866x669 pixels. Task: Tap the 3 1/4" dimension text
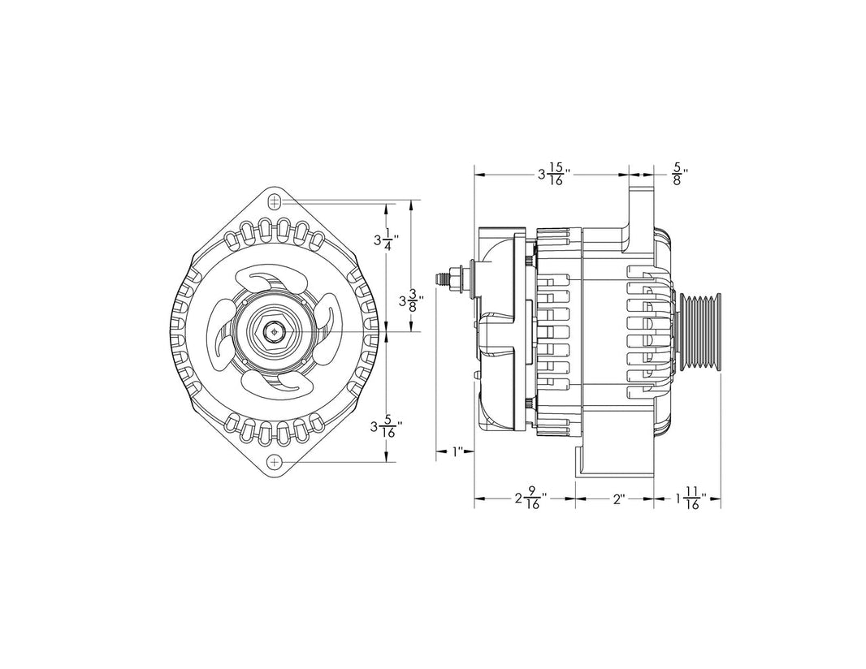click(x=382, y=240)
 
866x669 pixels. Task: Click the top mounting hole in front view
click(x=275, y=201)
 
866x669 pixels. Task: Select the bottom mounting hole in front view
click(x=275, y=461)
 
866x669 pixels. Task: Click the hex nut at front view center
click(x=275, y=331)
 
